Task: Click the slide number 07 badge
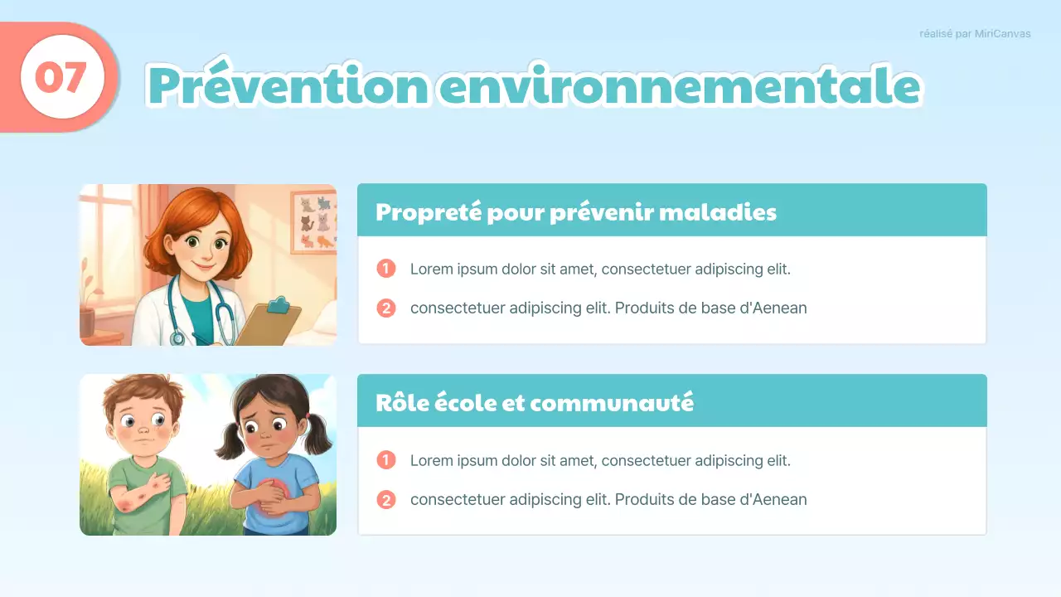click(x=61, y=78)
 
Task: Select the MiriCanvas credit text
click(x=975, y=34)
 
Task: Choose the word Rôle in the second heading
click(x=402, y=403)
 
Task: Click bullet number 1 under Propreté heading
click(x=386, y=269)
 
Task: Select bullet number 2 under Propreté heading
click(x=386, y=308)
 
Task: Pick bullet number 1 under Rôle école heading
click(x=386, y=460)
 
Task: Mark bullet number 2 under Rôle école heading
click(x=386, y=499)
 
